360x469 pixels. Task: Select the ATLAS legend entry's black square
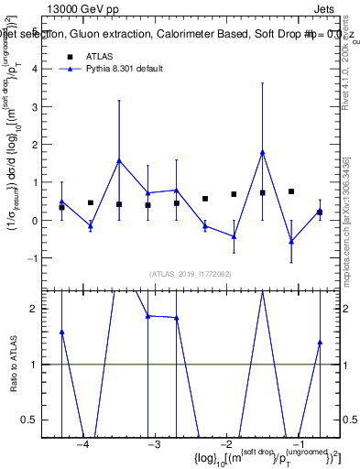click(x=70, y=56)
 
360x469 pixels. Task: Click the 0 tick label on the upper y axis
click(x=38, y=221)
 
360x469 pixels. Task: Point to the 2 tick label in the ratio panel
click(x=38, y=309)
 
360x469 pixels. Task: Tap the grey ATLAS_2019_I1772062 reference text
click(x=191, y=274)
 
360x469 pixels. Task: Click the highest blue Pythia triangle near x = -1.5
click(x=263, y=152)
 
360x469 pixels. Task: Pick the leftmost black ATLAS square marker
click(x=61, y=208)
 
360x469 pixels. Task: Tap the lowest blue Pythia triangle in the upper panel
click(x=291, y=241)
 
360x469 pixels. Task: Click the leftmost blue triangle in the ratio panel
click(x=61, y=332)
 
